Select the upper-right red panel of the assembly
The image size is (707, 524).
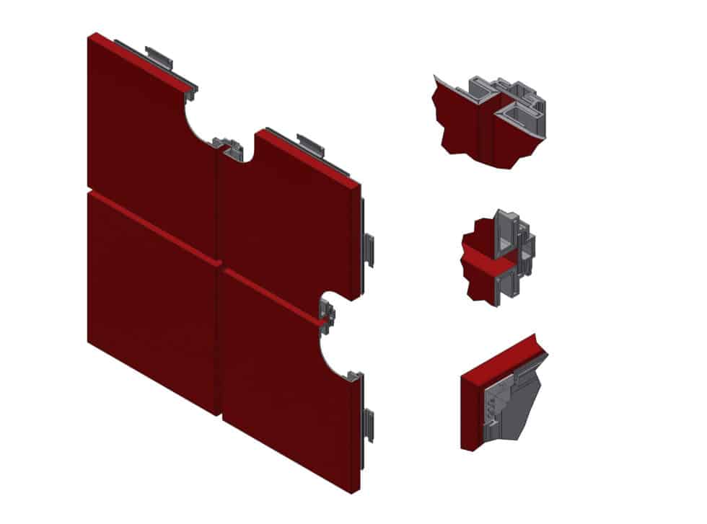pos(289,216)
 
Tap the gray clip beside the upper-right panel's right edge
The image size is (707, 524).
pos(369,249)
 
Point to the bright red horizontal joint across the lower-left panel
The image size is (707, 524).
pos(151,228)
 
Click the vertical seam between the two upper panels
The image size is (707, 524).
pos(217,202)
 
